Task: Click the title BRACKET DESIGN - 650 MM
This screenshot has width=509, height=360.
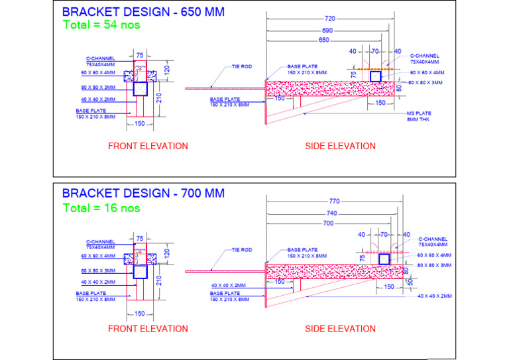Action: [x=142, y=12]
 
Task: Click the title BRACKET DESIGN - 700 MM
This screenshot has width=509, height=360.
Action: [x=142, y=194]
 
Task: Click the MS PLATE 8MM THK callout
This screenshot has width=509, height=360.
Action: [x=419, y=117]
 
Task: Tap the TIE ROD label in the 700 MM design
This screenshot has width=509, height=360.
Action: [x=241, y=250]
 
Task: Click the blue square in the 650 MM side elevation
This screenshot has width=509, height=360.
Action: [x=375, y=76]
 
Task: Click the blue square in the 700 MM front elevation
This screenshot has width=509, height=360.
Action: [x=140, y=272]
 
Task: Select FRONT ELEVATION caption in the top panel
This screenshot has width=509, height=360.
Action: [x=148, y=146]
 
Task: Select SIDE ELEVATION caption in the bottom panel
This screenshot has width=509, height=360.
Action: [x=340, y=328]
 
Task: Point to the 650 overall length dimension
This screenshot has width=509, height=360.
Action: [x=323, y=40]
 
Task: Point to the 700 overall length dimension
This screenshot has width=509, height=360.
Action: [x=327, y=224]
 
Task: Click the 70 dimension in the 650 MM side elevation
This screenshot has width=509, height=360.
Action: [x=374, y=51]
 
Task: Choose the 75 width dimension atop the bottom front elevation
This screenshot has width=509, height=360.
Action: [x=140, y=238]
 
